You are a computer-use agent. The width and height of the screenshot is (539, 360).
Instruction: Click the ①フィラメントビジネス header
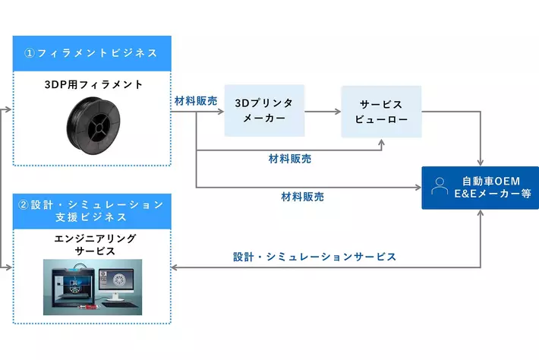coord(92,53)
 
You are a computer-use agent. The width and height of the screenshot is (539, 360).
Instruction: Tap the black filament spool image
coord(92,124)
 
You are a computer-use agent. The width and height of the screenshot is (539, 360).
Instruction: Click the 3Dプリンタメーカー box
coord(264,110)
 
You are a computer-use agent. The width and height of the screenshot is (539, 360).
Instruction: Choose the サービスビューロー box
coord(381,111)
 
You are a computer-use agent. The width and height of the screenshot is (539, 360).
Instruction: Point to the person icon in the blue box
coord(440,186)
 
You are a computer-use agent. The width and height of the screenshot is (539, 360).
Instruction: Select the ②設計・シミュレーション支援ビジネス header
coord(92,211)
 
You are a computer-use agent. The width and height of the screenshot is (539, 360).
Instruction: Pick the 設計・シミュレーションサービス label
coord(314,257)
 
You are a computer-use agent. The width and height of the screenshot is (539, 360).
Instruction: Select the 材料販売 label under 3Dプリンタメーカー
coord(289,159)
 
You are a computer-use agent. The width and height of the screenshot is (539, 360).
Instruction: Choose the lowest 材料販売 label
coord(303,196)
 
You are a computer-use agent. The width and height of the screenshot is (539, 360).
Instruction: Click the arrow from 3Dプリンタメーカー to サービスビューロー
coord(323,112)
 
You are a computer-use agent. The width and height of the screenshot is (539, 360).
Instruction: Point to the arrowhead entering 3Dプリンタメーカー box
coord(221,112)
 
